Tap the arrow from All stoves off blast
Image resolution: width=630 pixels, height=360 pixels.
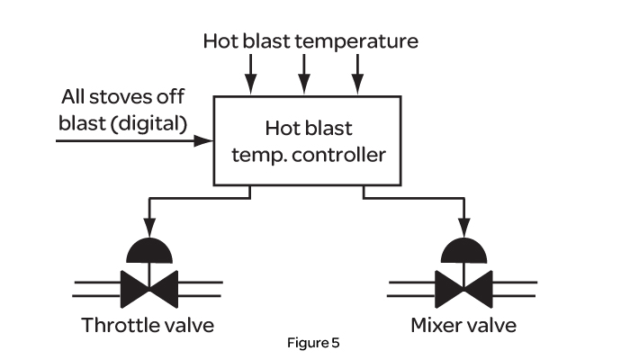135,140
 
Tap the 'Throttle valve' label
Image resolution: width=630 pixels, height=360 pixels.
148,324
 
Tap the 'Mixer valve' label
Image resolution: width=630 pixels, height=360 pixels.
463,324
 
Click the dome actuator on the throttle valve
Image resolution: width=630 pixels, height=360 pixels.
148,250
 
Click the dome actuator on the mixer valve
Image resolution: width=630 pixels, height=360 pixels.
463,250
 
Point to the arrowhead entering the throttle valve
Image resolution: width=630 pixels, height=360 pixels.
148,229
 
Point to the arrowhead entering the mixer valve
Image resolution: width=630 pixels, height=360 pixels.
463,229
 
